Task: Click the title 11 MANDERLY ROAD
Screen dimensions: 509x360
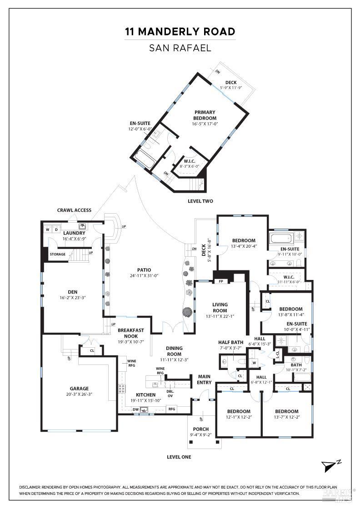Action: (180, 31)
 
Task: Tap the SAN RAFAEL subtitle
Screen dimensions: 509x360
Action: (180, 48)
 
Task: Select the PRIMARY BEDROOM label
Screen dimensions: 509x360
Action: (205, 115)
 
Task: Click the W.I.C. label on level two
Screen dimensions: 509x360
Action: (190, 161)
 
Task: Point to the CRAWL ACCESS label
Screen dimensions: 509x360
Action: (74, 210)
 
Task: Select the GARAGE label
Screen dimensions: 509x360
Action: (79, 389)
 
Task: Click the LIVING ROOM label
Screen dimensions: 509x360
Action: (220, 308)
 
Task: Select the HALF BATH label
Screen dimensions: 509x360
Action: (231, 342)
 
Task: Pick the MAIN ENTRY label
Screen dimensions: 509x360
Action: (204, 379)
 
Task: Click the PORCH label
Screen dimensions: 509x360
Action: (201, 429)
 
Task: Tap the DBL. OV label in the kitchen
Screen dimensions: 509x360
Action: (170, 393)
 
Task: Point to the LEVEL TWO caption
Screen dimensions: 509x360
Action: (200, 201)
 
